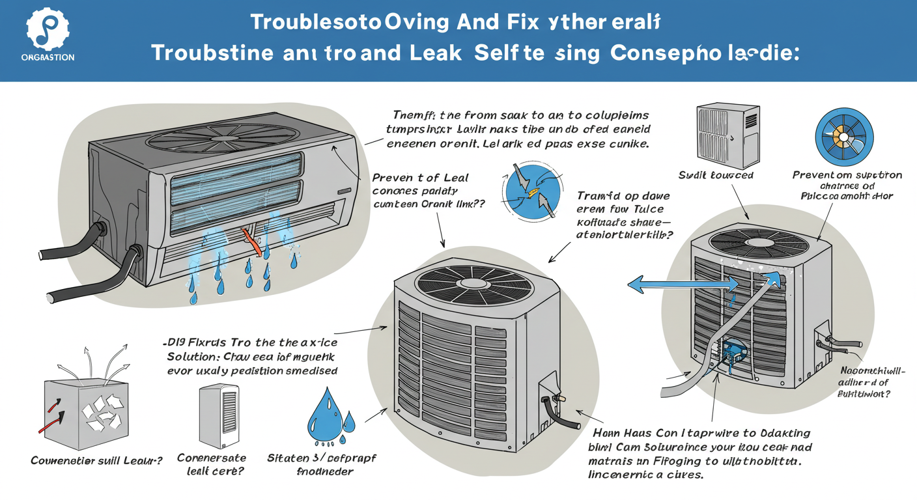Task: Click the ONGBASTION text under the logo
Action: pos(48,57)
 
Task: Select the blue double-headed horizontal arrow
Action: pos(681,284)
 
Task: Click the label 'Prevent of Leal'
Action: pos(419,178)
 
